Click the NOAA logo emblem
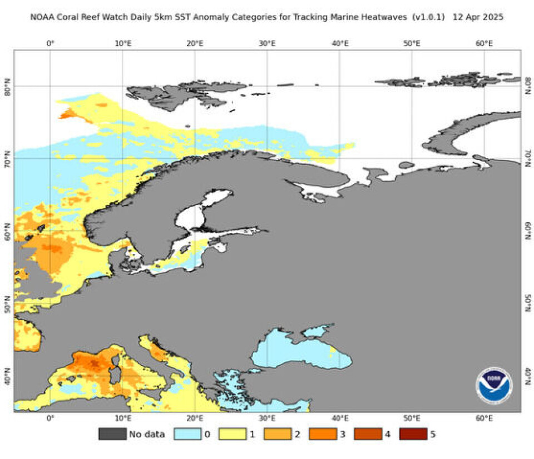[x=494, y=385]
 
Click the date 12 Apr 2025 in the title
[x=478, y=17]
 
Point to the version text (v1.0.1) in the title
[x=428, y=17]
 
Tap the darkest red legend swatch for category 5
[x=413, y=433]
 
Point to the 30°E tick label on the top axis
[x=268, y=43]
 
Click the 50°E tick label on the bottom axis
[x=412, y=418]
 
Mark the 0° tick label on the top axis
[x=50, y=43]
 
